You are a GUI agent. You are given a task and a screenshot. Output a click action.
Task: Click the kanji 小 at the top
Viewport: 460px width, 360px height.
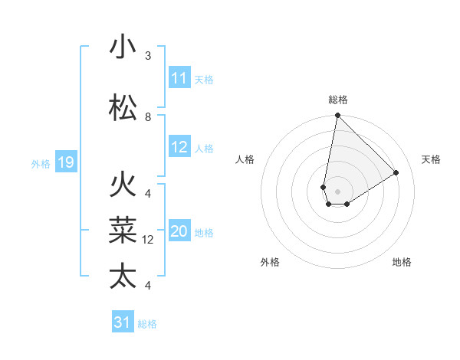click(123, 48)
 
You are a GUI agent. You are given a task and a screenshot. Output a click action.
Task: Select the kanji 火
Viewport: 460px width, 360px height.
click(123, 185)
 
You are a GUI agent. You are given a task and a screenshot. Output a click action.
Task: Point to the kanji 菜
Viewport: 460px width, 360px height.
click(123, 229)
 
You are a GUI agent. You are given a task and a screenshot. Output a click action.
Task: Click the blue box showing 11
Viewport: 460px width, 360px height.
click(179, 78)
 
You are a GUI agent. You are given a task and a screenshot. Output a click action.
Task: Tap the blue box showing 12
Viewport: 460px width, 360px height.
click(179, 148)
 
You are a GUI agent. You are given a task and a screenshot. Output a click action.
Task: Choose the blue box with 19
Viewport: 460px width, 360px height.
click(65, 162)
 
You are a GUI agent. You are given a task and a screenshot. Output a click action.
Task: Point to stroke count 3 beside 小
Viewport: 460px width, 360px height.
click(148, 56)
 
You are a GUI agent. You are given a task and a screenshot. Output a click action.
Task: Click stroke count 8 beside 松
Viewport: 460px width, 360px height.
click(148, 117)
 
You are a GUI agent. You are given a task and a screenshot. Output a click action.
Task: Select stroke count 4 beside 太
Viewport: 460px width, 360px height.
click(148, 286)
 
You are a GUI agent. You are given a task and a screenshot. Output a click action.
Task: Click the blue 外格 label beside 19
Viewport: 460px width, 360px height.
click(40, 163)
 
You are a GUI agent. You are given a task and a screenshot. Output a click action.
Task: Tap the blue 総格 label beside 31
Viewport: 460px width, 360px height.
click(147, 324)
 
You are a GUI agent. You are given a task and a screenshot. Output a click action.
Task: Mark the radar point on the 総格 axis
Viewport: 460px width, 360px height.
click(337, 116)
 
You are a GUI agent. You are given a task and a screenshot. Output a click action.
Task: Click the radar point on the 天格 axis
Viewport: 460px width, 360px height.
click(396, 172)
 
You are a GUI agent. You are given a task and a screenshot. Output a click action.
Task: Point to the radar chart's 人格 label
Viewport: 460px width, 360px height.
click(245, 159)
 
